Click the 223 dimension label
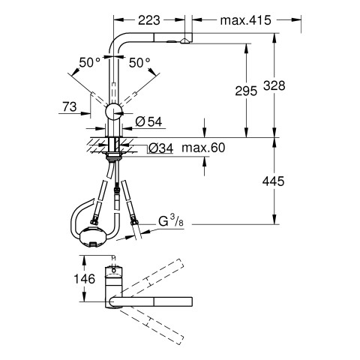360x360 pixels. (149, 20)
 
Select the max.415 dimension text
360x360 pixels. (245, 20)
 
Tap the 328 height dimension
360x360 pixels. (274, 85)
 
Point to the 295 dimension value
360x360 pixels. (246, 91)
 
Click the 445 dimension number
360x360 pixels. (273, 181)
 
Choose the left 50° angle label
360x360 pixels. (89, 62)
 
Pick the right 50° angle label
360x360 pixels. (139, 62)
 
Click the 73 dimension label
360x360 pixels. (70, 107)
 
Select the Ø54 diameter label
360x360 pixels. (148, 121)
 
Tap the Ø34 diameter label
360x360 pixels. (160, 148)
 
